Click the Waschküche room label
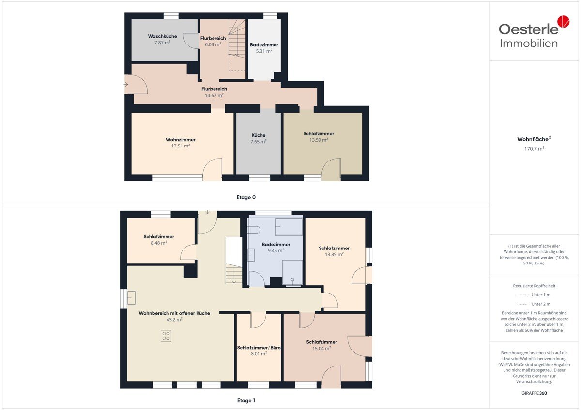coord(162,36)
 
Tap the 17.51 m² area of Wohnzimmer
coord(181,146)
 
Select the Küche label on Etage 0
coord(259,135)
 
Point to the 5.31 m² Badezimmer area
coord(264,51)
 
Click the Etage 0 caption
coord(246,197)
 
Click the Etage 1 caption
coord(246,400)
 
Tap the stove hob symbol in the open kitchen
coord(166,336)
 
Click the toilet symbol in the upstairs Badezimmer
coord(254,230)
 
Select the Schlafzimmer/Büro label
coord(259,348)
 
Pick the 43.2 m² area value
coord(174,320)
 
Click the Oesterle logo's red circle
coord(564,21)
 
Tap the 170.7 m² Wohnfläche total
coord(534,149)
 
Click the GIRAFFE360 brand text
coord(534,393)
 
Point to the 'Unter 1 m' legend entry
coord(540,295)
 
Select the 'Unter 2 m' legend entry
coord(540,304)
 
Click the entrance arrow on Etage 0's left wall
coord(126,85)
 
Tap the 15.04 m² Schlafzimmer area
coord(321,349)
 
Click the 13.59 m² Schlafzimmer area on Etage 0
coord(319,140)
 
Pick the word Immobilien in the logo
coord(529,43)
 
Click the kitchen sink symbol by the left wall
coord(131,298)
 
